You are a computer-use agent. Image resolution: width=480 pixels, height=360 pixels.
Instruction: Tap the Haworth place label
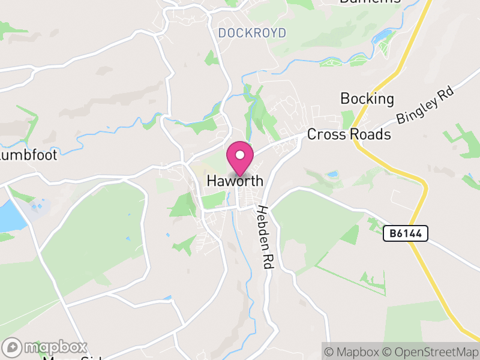pos(235,180)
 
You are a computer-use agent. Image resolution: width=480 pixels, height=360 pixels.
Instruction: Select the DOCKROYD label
pos(252,33)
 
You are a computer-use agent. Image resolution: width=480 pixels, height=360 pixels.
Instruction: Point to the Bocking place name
pos(367,98)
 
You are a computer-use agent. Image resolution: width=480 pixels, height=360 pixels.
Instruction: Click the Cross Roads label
pos(349,134)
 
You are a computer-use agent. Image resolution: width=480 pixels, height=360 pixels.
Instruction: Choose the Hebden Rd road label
pos(265,237)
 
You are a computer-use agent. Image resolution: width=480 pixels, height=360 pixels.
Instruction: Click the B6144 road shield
pos(406,234)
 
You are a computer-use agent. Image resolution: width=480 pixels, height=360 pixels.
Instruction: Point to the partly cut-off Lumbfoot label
pos(28,155)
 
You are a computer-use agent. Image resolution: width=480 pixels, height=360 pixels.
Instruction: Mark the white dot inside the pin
pos(239,154)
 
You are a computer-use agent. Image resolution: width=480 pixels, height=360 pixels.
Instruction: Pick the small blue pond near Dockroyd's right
pos(382,37)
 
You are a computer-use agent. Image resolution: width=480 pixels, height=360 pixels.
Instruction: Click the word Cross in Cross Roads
pos(326,134)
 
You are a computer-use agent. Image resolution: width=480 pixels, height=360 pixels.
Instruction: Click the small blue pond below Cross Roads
pos(332,175)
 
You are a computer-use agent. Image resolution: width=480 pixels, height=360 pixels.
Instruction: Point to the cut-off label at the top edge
pos(370,2)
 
